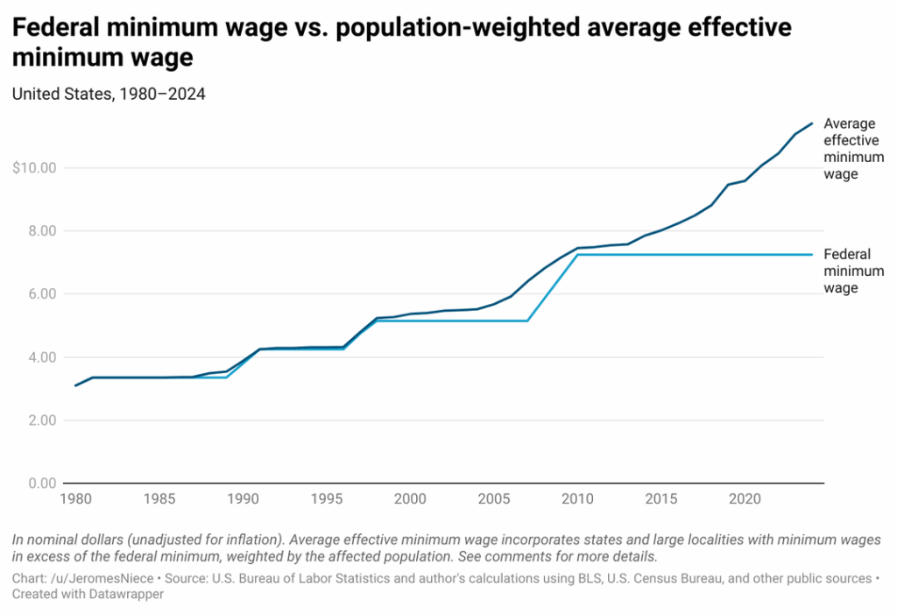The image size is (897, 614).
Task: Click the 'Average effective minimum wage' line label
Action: [852, 149]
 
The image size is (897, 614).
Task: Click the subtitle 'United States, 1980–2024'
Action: [109, 95]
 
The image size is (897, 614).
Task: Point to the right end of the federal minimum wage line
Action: [812, 255]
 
